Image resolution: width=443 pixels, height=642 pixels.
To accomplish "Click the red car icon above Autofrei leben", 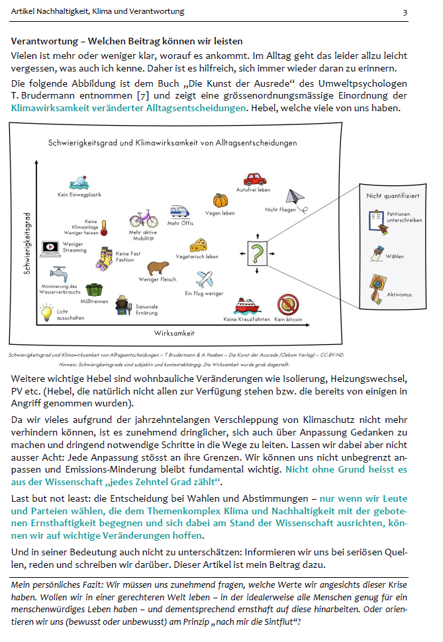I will coord(255,179).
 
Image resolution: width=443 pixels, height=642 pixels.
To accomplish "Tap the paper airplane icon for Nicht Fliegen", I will coord(295,197).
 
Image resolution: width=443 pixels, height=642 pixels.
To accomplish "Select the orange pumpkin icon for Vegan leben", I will coord(220,201).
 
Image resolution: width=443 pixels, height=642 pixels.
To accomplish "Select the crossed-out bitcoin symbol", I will coord(288,305).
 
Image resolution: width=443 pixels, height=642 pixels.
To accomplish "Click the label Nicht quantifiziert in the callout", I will coord(389,196).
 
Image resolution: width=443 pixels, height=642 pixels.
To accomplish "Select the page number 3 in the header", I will coord(405,12).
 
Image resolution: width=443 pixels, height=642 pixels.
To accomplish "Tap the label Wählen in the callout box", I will coord(395,256).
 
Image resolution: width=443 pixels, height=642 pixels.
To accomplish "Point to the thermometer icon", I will coord(104,228).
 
